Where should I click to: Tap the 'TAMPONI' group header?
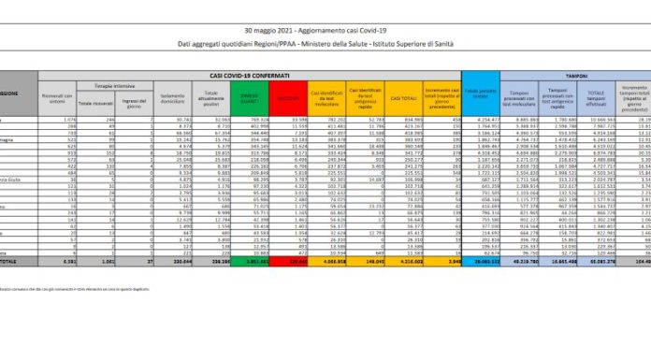point(575,74)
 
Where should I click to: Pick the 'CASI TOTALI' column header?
point(404,96)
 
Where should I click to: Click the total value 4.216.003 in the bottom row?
point(404,263)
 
